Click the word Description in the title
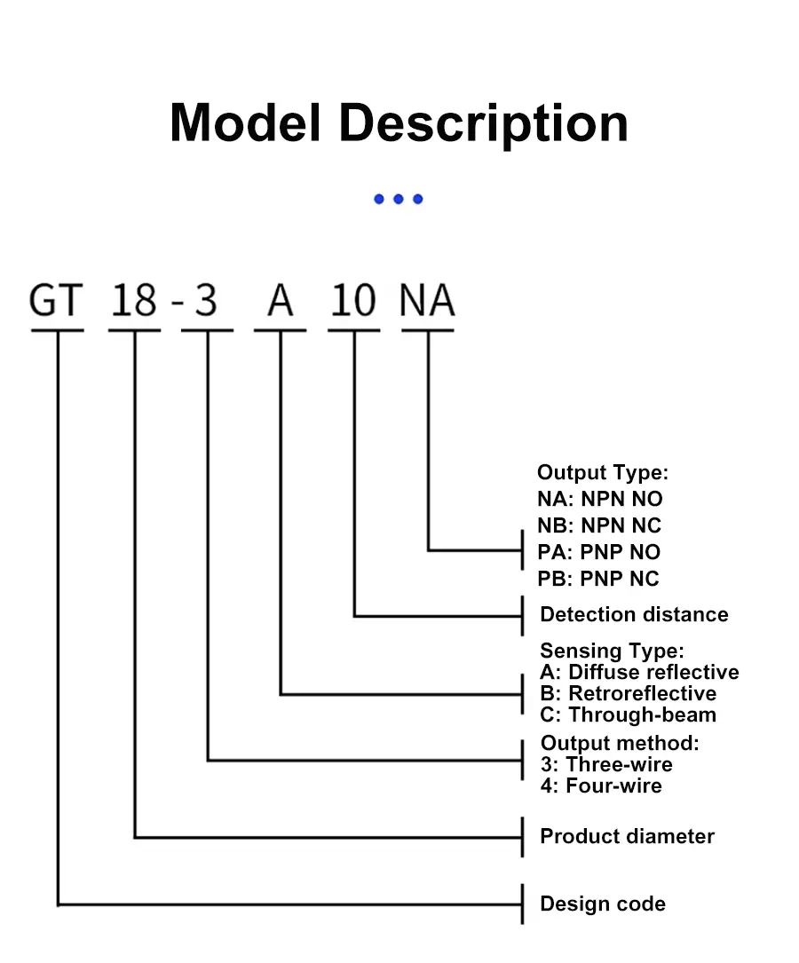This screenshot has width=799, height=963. click(484, 124)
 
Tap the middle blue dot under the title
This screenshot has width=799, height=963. click(399, 199)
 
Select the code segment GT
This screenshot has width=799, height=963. click(56, 301)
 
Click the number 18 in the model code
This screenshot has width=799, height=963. click(134, 301)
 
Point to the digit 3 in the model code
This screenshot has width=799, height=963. click(206, 301)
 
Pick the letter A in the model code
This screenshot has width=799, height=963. click(281, 301)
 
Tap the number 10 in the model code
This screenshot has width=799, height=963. click(354, 301)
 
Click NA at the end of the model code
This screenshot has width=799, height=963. click(427, 301)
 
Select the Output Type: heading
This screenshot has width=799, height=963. click(602, 472)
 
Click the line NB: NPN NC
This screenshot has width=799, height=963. click(598, 525)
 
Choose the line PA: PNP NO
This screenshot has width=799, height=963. click(598, 552)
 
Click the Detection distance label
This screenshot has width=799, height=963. click(634, 614)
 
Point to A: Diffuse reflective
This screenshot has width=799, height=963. click(639, 672)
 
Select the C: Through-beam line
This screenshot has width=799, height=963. click(628, 714)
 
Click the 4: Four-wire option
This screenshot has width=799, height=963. click(601, 785)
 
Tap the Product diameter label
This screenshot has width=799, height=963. click(627, 836)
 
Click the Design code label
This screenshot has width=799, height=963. click(602, 904)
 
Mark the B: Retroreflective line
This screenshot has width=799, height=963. click(628, 693)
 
